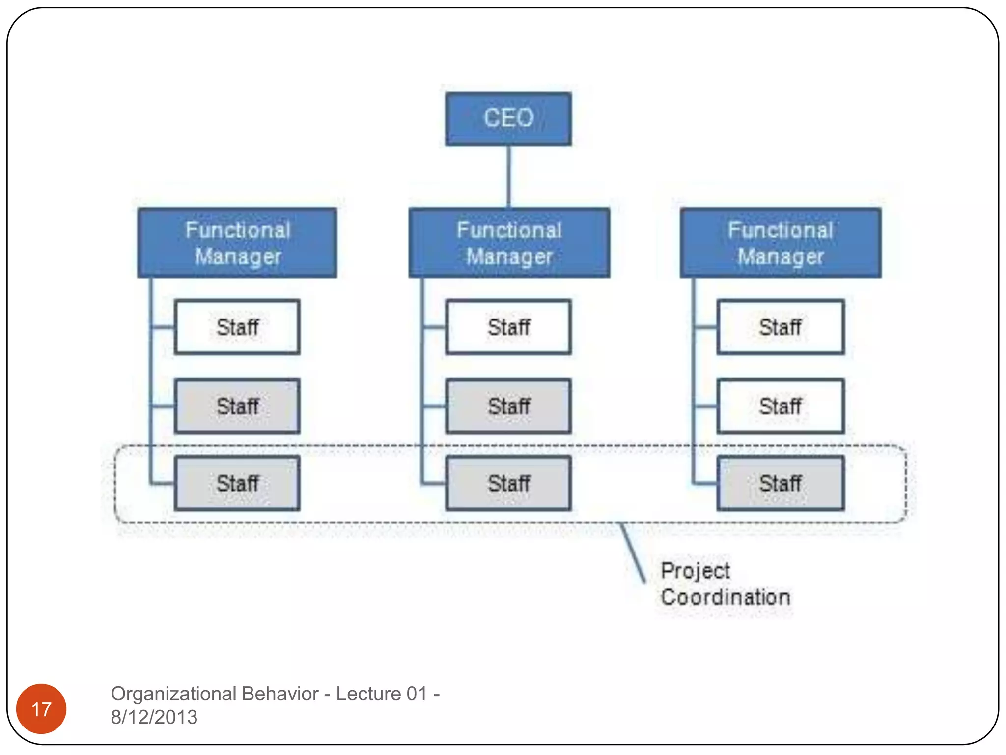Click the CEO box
tap(508, 119)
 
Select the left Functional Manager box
tap(237, 243)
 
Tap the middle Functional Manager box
tap(509, 243)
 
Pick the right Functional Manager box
tap(781, 243)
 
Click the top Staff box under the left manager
tap(237, 327)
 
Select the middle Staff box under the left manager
tap(237, 406)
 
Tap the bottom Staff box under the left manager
tap(237, 483)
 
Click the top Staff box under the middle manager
tap(508, 327)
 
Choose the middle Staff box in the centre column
tap(508, 406)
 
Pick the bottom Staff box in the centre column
tap(508, 483)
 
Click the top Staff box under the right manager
tap(781, 327)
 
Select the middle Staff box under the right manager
tap(781, 406)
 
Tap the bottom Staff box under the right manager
tap(781, 483)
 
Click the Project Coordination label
tap(725, 584)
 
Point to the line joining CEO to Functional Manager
tap(509, 177)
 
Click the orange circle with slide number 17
tap(41, 709)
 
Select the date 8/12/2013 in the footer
tap(154, 718)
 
